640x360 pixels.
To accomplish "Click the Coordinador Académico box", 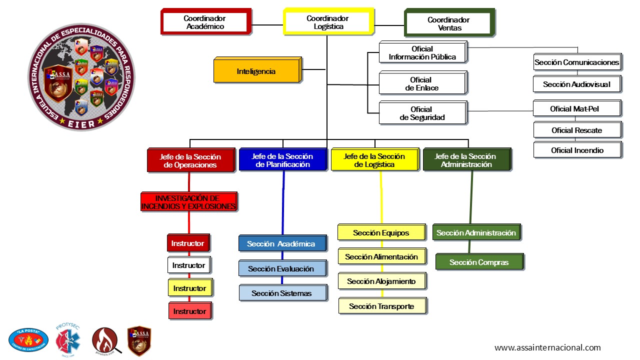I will (205, 22).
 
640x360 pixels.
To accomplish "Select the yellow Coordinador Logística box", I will (328, 22).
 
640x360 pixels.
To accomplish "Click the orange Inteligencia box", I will (256, 71).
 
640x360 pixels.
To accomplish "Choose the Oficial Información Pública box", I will (422, 52).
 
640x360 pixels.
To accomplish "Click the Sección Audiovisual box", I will (576, 84).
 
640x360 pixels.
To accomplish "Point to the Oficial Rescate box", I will (576, 130).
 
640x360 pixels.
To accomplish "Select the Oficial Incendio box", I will (577, 150).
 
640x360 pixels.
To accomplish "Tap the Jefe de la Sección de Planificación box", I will (282, 160).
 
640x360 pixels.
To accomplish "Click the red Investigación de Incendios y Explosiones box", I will (188, 202).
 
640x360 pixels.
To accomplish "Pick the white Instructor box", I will (188, 265).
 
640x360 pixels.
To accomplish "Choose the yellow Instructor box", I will (189, 288).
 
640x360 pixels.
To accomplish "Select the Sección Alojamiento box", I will (381, 281).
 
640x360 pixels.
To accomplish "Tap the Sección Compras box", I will (479, 262).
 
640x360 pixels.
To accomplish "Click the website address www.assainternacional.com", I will (547, 347).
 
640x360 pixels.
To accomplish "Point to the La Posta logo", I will (28, 340).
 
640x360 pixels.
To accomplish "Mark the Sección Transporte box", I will (382, 306).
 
